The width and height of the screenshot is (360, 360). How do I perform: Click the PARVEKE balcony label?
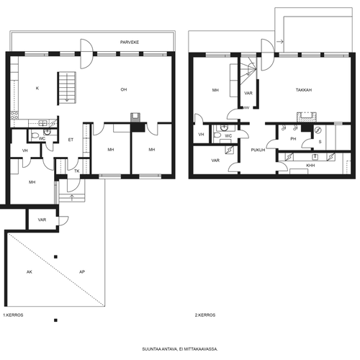point(130,42)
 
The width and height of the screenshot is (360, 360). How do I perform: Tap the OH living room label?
point(124,89)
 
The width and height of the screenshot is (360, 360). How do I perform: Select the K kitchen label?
point(37,89)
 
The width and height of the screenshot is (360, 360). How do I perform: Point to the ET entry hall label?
point(71,140)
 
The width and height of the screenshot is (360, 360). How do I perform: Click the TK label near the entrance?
point(77,171)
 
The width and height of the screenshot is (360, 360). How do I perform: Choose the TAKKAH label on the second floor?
point(304,90)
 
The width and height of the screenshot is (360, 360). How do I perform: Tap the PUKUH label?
point(258,150)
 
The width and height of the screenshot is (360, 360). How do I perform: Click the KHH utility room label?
point(310,166)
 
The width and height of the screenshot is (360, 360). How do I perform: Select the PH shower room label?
point(293,139)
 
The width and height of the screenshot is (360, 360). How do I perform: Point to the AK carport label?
point(30,272)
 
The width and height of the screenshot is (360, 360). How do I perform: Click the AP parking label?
point(82,272)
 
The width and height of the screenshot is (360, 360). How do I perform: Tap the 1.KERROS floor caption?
point(13,315)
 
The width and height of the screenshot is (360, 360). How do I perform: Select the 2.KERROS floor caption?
point(205,315)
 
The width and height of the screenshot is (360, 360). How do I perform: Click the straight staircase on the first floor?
point(66,88)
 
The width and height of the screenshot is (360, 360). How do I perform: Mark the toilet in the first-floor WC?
point(35,136)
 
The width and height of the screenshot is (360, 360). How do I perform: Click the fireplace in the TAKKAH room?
point(307,117)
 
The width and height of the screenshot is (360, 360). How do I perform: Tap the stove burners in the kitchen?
point(14,115)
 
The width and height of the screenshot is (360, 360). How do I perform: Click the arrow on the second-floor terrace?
point(280,42)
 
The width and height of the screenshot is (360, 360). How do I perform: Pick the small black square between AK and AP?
point(55,257)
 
